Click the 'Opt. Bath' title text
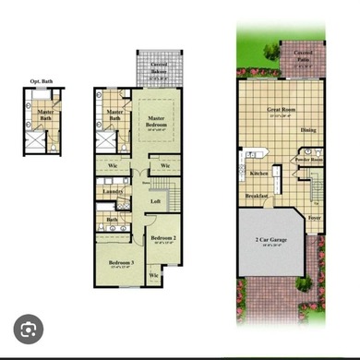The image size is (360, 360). coord(42,80)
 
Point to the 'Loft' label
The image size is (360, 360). coord(156,201)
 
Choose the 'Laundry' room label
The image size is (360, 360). coord(113,192)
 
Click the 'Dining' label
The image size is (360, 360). coord(308,129)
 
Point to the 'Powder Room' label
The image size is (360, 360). coord(308,159)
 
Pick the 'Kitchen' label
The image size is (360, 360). coord(259,172)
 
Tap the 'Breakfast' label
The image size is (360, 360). coord(257,196)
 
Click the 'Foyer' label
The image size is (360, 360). coord(314,218)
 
